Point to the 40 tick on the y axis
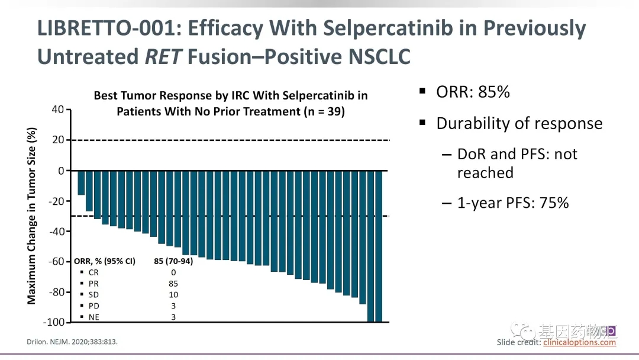57,110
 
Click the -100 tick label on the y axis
53,322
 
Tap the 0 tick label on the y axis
60,171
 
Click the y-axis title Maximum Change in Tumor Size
32,216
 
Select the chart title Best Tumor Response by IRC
230,96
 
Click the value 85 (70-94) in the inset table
173,261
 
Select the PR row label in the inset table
93,284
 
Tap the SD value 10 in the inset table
173,294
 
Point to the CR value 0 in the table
173,272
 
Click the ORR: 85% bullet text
473,92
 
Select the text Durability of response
519,123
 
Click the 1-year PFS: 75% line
512,202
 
